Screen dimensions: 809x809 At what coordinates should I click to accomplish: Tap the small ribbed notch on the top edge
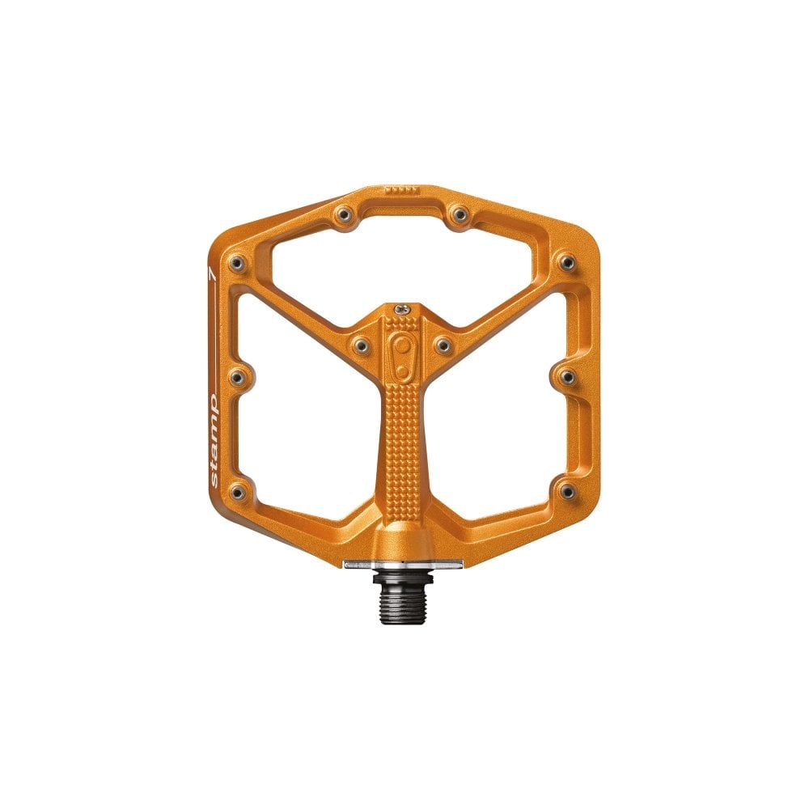click(x=401, y=192)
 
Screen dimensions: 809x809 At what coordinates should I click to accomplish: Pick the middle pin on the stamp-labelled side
click(x=236, y=376)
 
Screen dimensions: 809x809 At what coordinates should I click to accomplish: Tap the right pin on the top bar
click(x=460, y=214)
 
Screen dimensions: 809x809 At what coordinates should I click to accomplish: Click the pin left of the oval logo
click(x=361, y=345)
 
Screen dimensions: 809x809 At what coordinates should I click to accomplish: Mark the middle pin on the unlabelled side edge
click(x=566, y=376)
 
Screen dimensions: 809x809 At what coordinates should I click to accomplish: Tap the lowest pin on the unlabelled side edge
click(x=566, y=491)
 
